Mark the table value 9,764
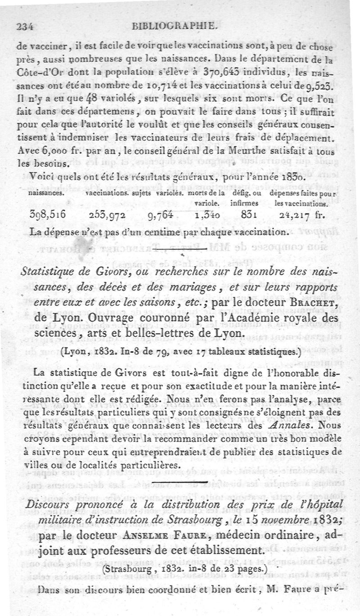point(160,215)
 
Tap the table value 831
point(248,215)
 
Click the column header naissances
point(45,192)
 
